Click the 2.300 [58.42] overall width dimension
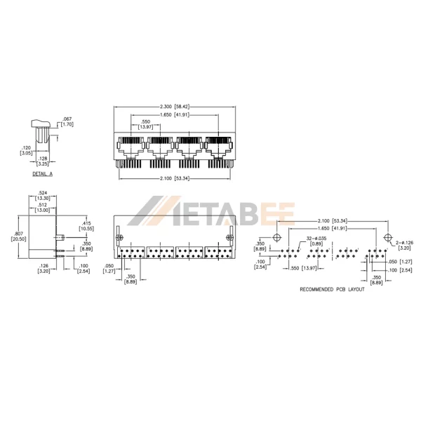click(x=173, y=106)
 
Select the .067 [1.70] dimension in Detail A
click(x=68, y=121)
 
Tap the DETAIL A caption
click(x=42, y=172)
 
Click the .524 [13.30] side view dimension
click(x=42, y=196)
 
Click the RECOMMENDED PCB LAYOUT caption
click(x=332, y=289)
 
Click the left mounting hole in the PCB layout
click(x=279, y=234)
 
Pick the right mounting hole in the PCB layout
click(x=387, y=234)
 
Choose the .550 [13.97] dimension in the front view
click(x=145, y=123)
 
